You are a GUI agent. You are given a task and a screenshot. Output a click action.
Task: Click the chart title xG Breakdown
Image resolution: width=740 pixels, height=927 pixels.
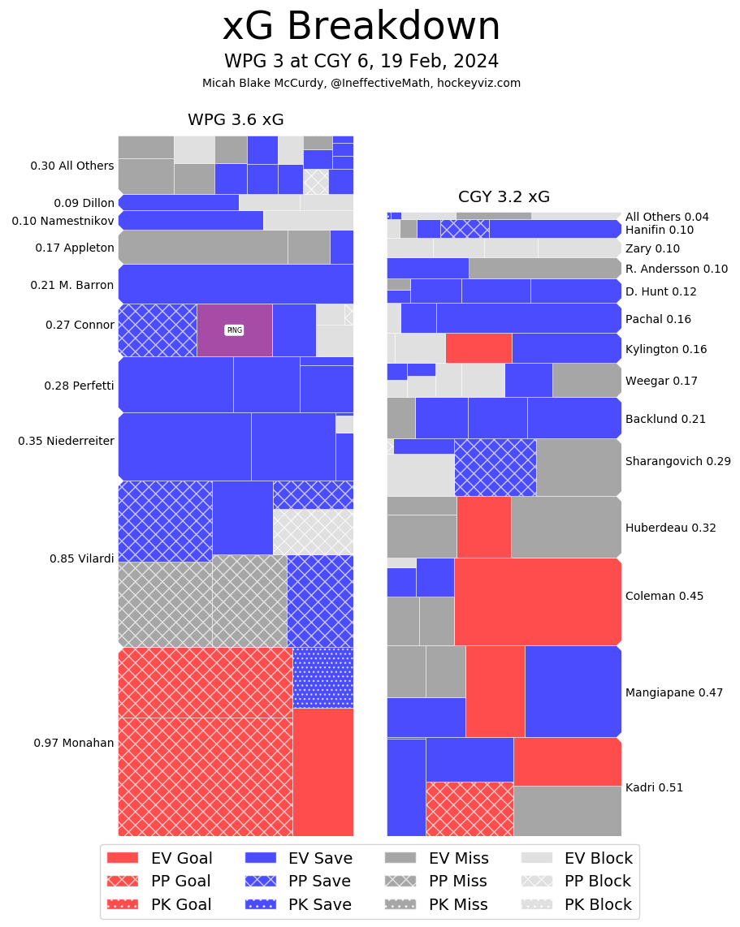(x=361, y=27)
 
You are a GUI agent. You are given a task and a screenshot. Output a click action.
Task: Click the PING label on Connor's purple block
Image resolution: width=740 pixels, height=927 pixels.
(x=235, y=330)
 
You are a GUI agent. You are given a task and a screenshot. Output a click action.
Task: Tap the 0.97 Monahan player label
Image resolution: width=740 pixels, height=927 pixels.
(x=74, y=743)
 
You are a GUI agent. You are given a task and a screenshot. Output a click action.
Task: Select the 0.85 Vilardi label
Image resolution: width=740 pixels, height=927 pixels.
(x=82, y=558)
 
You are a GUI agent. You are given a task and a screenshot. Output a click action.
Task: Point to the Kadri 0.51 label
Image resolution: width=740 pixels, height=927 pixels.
(x=654, y=787)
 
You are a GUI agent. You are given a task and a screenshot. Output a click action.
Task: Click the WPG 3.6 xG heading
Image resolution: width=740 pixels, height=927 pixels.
(x=236, y=120)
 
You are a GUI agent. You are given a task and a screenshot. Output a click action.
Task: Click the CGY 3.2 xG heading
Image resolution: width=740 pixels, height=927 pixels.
(x=504, y=196)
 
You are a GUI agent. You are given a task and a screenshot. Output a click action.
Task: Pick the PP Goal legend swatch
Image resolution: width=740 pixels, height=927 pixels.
(x=123, y=881)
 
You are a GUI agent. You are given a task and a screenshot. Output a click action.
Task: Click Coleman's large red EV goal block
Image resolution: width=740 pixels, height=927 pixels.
(x=538, y=601)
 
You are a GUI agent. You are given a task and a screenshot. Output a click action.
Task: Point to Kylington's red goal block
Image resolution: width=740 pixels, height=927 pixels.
(x=478, y=348)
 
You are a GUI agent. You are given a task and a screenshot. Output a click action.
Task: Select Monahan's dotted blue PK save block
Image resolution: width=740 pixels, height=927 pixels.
(x=322, y=678)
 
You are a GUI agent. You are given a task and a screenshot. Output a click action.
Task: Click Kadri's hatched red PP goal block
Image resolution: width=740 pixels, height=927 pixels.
(x=470, y=808)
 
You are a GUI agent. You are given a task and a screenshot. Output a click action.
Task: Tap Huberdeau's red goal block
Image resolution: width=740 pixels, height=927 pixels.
(x=484, y=527)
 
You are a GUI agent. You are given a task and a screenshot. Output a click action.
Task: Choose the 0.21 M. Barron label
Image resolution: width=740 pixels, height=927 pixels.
(x=72, y=285)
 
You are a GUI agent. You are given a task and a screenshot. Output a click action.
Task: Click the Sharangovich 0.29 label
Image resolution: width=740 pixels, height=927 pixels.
(x=677, y=461)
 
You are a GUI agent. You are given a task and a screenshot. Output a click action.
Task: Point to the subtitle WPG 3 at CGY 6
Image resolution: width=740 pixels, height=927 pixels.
(x=361, y=62)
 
